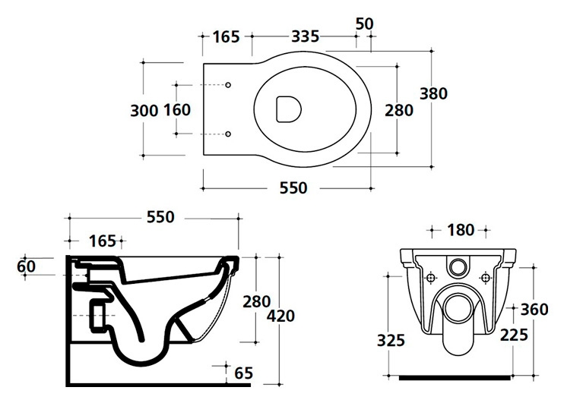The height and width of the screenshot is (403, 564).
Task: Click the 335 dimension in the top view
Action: pyautogui.click(x=305, y=36)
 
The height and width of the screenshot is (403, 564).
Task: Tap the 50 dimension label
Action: pyautogui.click(x=365, y=24)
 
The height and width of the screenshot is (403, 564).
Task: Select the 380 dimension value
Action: pyautogui.click(x=434, y=94)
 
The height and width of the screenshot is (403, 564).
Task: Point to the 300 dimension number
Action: pyautogui.click(x=144, y=110)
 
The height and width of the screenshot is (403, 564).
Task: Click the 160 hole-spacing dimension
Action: pyautogui.click(x=177, y=109)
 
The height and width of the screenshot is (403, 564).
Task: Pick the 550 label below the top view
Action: pyautogui.click(x=293, y=188)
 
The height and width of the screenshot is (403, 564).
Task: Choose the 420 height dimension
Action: pyautogui.click(x=281, y=316)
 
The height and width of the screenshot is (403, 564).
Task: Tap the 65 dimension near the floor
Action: pyautogui.click(x=244, y=373)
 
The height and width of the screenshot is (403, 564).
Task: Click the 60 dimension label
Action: pyautogui.click(x=27, y=266)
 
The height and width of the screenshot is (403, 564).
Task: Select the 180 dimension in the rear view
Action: pyautogui.click(x=461, y=230)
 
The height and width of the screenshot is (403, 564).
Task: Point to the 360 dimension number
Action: pyautogui.click(x=534, y=309)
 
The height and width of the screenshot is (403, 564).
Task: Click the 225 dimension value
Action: pyautogui.click(x=514, y=335)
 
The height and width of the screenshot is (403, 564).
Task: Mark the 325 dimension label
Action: pyautogui.click(x=391, y=340)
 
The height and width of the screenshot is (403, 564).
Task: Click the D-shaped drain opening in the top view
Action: pyautogui.click(x=289, y=109)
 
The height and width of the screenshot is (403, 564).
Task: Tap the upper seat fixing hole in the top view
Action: pyautogui.click(x=228, y=85)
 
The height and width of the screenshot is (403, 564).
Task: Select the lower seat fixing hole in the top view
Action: pyautogui.click(x=228, y=134)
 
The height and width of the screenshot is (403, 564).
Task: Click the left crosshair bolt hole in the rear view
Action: pyautogui.click(x=431, y=278)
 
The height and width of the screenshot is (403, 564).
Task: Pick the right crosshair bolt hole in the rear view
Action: pyautogui.click(x=486, y=278)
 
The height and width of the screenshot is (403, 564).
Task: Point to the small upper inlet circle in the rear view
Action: pyautogui.click(x=458, y=266)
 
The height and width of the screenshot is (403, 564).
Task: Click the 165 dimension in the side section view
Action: pyautogui.click(x=103, y=241)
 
